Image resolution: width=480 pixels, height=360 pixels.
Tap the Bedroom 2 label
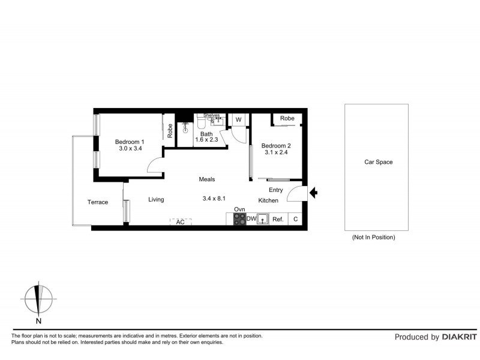click(x=276, y=146)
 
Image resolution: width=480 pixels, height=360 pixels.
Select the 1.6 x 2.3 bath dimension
click(x=206, y=140)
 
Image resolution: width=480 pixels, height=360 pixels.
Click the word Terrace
click(x=98, y=202)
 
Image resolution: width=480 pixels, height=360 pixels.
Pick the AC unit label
click(x=180, y=222)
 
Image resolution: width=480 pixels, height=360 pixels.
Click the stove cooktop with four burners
click(x=239, y=220)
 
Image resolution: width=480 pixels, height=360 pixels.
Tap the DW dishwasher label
click(x=251, y=219)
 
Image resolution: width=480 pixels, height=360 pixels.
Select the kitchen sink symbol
click(x=263, y=220)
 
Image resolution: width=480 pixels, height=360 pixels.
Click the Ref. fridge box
click(x=278, y=220)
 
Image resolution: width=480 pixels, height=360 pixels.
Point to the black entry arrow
click(x=314, y=193)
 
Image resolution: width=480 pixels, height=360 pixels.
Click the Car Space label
click(x=379, y=162)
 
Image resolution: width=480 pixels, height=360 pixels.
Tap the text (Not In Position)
click(x=373, y=238)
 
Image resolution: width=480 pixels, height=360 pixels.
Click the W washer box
click(x=238, y=120)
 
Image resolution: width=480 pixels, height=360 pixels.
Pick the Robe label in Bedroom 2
click(x=287, y=119)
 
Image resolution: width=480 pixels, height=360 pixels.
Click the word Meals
click(x=207, y=179)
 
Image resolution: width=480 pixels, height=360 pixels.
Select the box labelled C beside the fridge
click(x=295, y=220)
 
